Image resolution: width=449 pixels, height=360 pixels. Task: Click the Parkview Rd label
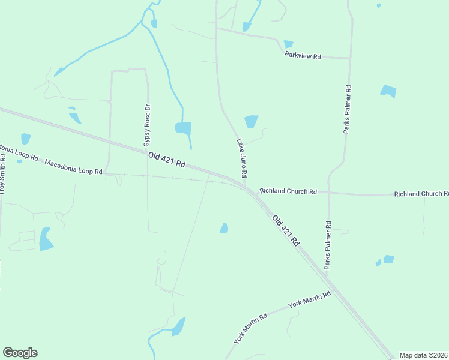pyautogui.click(x=303, y=56)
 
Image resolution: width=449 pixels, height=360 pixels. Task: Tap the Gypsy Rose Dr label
pyautogui.click(x=146, y=126)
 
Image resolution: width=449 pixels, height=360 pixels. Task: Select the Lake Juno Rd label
pyautogui.click(x=241, y=158)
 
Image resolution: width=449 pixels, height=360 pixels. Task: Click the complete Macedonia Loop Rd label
pyautogui.click(x=74, y=167)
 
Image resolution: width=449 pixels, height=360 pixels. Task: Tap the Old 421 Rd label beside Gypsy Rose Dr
pyautogui.click(x=166, y=160)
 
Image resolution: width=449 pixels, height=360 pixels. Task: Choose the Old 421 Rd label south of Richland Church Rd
pyautogui.click(x=286, y=231)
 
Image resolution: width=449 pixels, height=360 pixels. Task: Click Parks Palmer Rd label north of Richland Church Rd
pyautogui.click(x=347, y=109)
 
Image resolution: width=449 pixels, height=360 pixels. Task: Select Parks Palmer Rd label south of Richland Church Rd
pyautogui.click(x=328, y=245)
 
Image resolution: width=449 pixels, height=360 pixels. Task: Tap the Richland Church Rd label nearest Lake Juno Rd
pyautogui.click(x=288, y=191)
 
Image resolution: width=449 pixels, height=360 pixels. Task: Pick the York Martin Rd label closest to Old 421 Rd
pyautogui.click(x=310, y=300)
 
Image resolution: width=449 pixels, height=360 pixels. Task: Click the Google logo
pyautogui.click(x=20, y=353)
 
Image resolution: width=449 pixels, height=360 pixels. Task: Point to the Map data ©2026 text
pyautogui.click(x=424, y=355)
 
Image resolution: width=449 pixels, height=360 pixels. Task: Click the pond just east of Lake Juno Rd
pyautogui.click(x=251, y=121)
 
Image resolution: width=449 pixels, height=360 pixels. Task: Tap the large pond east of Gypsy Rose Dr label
pyautogui.click(x=183, y=128)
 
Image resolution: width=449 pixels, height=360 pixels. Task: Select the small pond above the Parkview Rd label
pyautogui.click(x=288, y=44)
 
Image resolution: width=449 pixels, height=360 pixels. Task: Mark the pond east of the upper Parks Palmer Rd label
pyautogui.click(x=388, y=91)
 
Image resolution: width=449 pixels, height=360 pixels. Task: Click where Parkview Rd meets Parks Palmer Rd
pyautogui.click(x=350, y=58)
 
